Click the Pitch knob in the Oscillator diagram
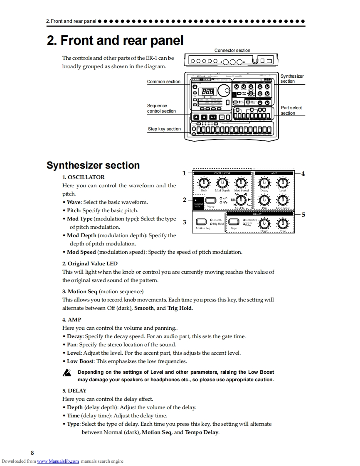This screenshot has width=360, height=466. (x=204, y=182)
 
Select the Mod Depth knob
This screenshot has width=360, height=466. (x=222, y=182)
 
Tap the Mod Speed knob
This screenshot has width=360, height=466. (x=241, y=182)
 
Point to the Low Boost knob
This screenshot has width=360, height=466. (x=283, y=201)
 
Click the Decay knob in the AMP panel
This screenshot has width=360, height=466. (x=264, y=182)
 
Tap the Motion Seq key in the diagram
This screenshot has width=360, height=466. (x=201, y=222)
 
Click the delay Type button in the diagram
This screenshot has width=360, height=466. (x=234, y=222)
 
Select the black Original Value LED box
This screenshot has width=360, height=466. (x=199, y=203)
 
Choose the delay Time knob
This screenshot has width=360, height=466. (x=283, y=223)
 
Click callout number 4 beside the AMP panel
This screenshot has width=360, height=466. (x=303, y=174)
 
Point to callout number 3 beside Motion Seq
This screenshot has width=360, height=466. (x=185, y=222)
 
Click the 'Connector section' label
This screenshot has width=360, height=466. (x=232, y=50)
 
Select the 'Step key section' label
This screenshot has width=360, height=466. (x=164, y=129)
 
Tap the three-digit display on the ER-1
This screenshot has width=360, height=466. (x=208, y=92)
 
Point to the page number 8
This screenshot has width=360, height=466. (x=32, y=453)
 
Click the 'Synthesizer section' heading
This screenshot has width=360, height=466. (x=93, y=165)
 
